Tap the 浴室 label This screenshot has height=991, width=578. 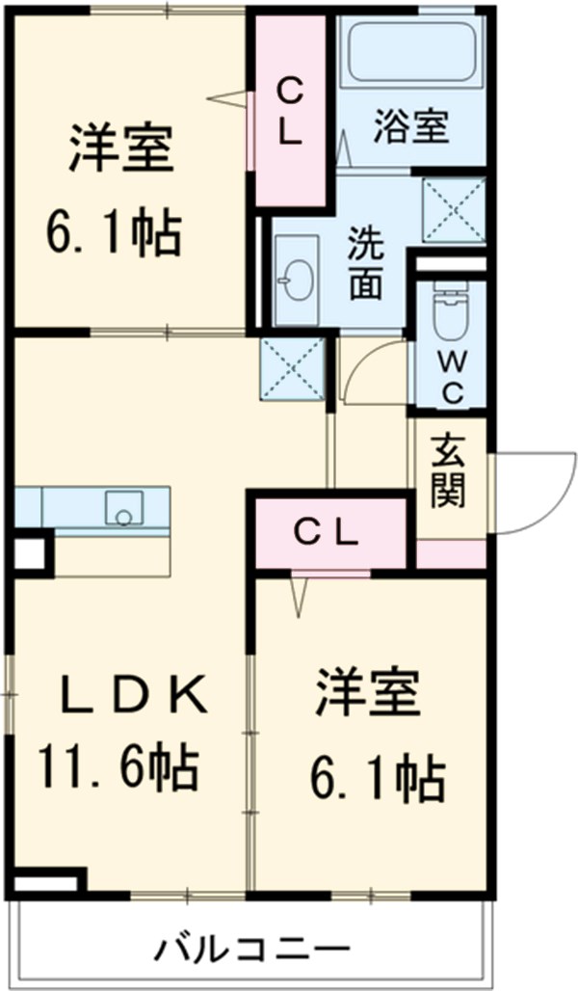pyautogui.click(x=410, y=129)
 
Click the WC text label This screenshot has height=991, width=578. pyautogui.click(x=452, y=377)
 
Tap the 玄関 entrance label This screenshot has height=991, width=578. pyautogui.click(x=449, y=471)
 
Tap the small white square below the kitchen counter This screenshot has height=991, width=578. pyautogui.click(x=28, y=554)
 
